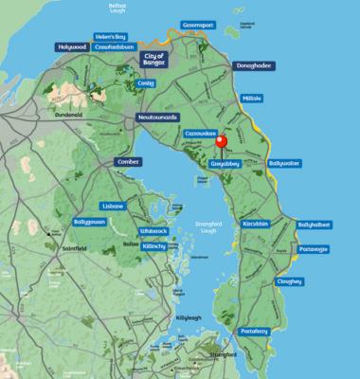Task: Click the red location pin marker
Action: [223, 143]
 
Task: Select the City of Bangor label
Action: [153, 59]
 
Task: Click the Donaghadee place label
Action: [249, 70]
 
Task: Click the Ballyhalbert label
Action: [315, 225]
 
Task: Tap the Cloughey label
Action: [289, 281]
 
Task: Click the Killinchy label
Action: [153, 245]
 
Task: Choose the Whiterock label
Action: [153, 230]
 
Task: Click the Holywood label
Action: [72, 46]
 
